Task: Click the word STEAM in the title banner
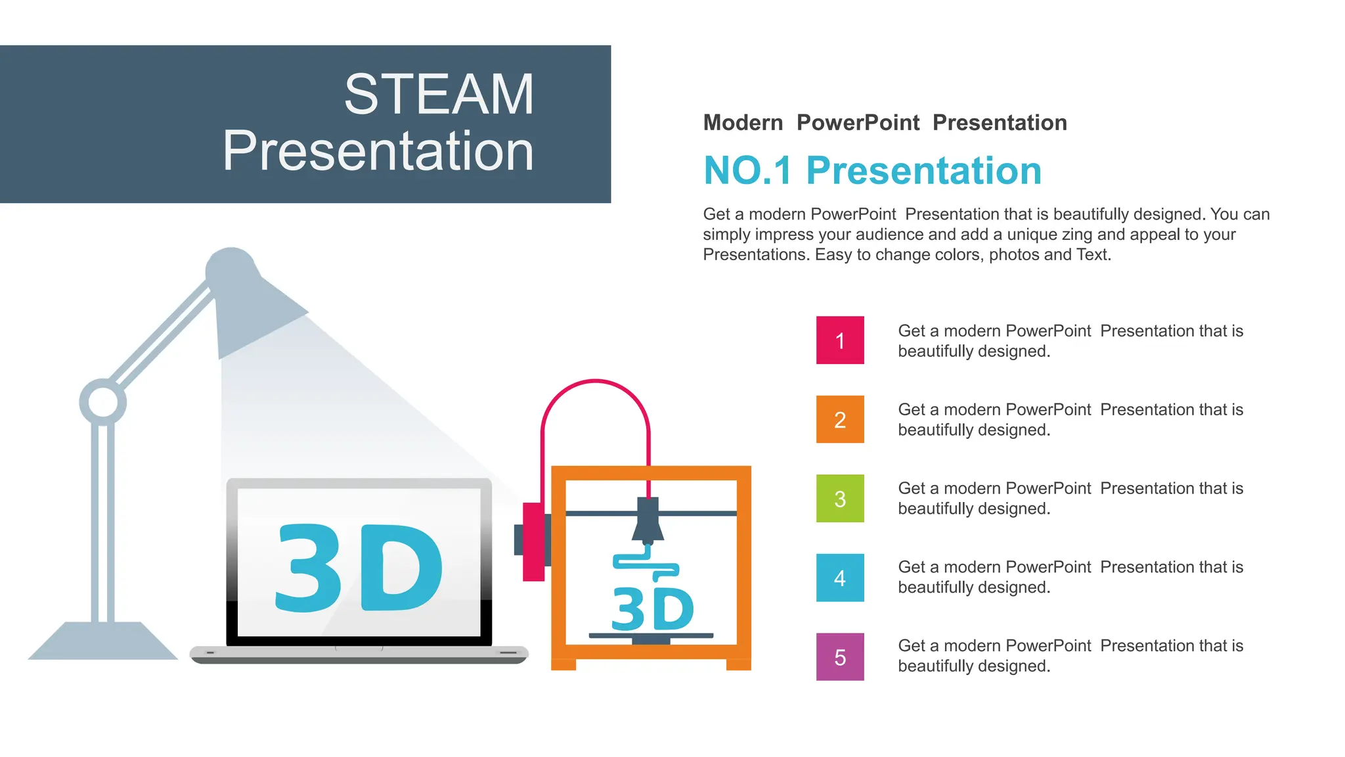tap(439, 95)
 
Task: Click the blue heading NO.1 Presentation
tap(872, 171)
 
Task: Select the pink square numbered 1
tap(840, 340)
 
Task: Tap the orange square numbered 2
tap(840, 419)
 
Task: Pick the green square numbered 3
tap(840, 499)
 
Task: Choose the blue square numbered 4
tap(840, 578)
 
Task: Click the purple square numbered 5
tap(840, 656)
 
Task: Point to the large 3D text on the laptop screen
tap(359, 567)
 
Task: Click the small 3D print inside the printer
tap(652, 608)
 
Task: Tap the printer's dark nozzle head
tap(648, 520)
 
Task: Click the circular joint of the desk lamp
tap(103, 401)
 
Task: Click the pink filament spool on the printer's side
tap(534, 541)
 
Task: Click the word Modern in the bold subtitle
tap(743, 123)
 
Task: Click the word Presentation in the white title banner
tap(378, 151)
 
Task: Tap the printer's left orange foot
tap(563, 664)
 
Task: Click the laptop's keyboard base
tap(359, 654)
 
